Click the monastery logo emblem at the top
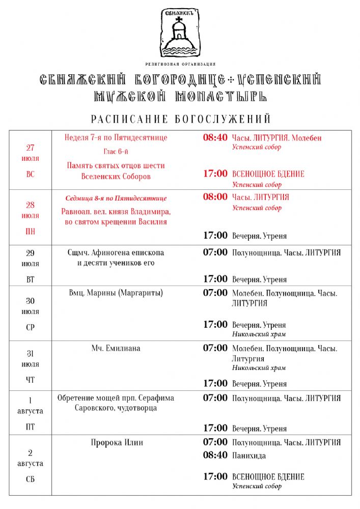(179, 33)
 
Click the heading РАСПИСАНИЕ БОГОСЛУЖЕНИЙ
(180, 120)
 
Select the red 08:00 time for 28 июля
(215, 197)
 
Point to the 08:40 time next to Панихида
(215, 455)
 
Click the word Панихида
(249, 456)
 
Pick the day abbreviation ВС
(31, 174)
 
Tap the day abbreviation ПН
(31, 232)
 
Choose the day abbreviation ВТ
(31, 279)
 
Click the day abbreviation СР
(31, 328)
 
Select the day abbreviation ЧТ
(31, 379)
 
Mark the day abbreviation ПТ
(31, 427)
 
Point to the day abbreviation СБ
(31, 479)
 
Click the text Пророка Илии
(117, 443)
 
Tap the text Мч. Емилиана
(116, 348)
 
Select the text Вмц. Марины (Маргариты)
(116, 293)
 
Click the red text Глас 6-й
(116, 151)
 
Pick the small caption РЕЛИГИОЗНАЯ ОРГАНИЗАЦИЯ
(180, 64)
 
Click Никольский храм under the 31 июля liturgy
(259, 367)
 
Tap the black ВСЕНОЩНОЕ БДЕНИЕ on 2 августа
(268, 477)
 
